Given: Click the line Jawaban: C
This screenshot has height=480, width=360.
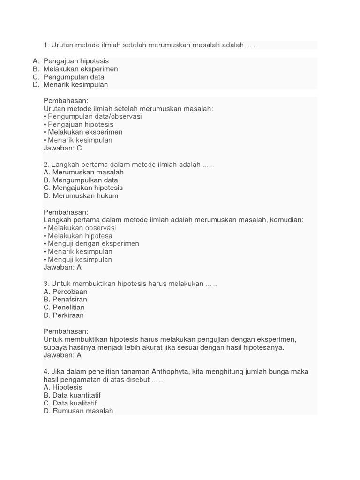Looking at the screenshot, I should (x=63, y=148).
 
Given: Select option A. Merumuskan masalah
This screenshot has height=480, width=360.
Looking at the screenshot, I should (x=83, y=172).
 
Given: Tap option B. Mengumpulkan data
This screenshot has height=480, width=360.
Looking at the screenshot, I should (x=81, y=180).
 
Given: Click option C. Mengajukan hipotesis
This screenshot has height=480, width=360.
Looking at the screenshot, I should (x=83, y=188).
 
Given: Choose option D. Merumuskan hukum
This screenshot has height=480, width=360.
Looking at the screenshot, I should (x=81, y=196).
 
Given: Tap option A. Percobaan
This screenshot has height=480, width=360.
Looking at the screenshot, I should (x=66, y=292).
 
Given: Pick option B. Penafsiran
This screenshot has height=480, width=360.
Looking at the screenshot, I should (x=65, y=300).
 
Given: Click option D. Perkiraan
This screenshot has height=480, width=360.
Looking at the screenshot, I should (x=64, y=315).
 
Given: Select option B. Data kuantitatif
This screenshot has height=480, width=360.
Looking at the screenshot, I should (x=72, y=395).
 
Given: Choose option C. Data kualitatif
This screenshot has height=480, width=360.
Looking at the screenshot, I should (x=70, y=403).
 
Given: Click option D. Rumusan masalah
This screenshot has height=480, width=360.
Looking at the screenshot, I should (x=78, y=411).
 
